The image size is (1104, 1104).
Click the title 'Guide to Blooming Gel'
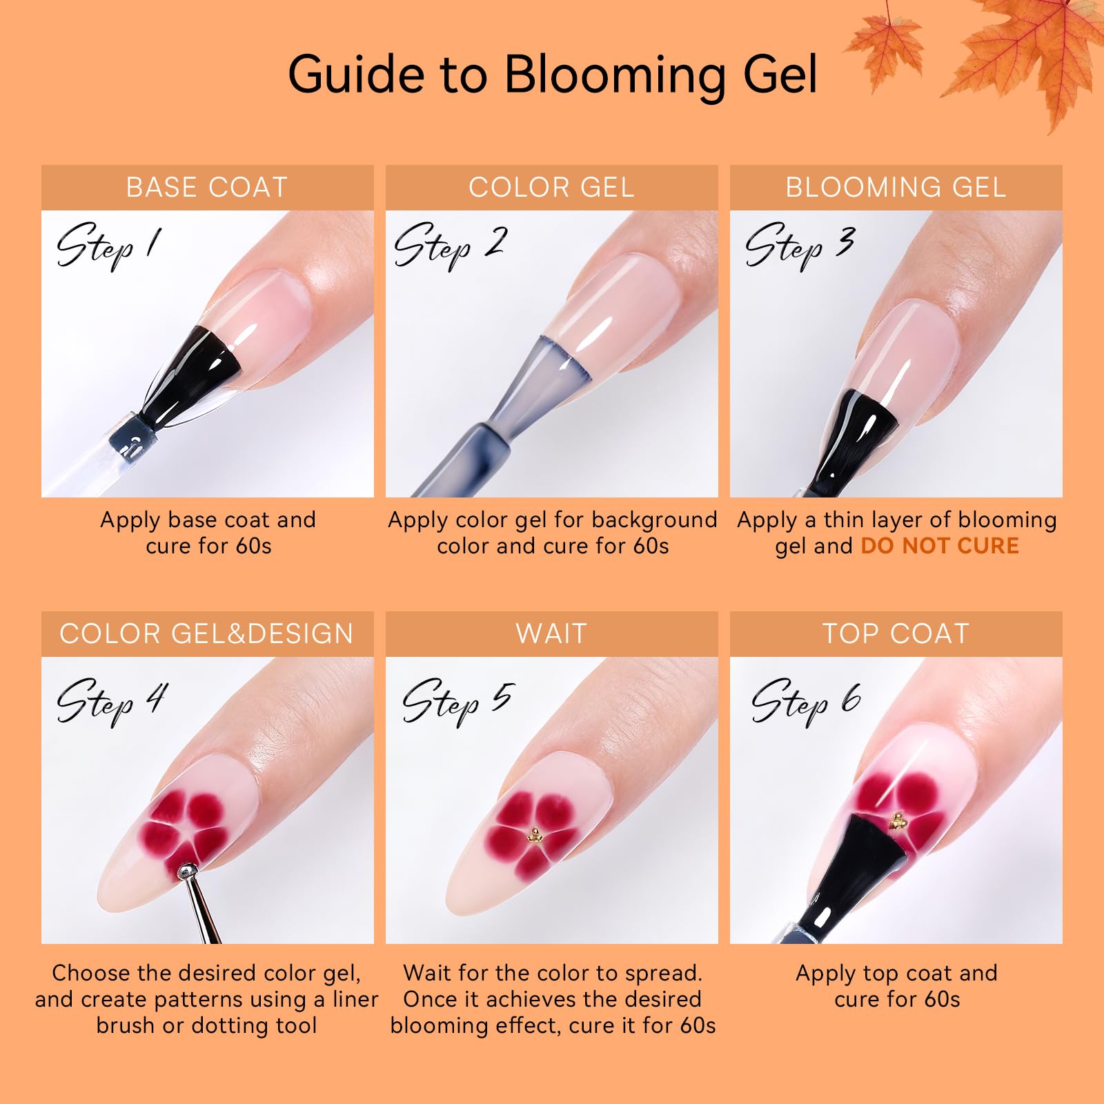click(x=552, y=74)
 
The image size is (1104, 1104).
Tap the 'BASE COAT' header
click(x=207, y=188)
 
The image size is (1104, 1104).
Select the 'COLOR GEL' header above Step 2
click(x=551, y=188)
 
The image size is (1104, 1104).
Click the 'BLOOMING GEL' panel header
click(x=896, y=188)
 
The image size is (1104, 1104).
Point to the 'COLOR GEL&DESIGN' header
click(x=207, y=634)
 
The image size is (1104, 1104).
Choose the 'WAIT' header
click(x=551, y=634)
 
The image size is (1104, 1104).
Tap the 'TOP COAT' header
click(x=896, y=634)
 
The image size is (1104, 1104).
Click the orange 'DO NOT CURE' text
click(x=940, y=546)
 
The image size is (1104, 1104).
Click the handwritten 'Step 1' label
click(x=109, y=245)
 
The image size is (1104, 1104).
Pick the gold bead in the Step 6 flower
click(x=898, y=821)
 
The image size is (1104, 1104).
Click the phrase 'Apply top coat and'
click(x=896, y=973)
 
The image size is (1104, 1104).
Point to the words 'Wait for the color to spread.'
click(x=553, y=973)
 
